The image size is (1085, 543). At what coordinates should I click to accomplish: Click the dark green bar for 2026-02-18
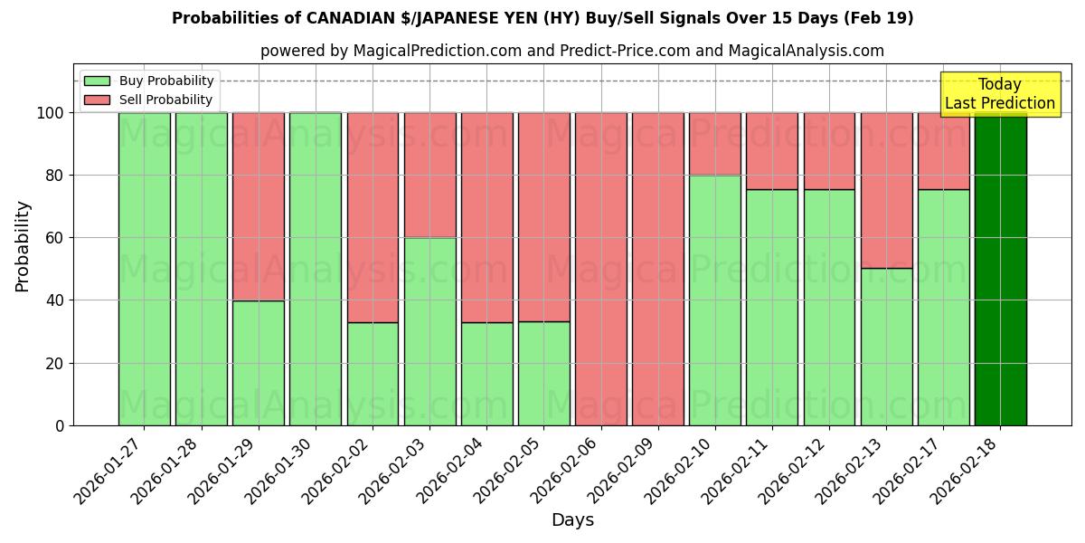click(x=1000, y=269)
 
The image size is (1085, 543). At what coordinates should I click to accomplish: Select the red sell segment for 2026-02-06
click(x=600, y=269)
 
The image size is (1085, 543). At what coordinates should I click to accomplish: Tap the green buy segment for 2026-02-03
click(x=429, y=331)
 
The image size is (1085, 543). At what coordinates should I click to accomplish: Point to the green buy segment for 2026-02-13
click(x=886, y=347)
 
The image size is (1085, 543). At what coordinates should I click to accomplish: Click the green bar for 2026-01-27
click(x=144, y=269)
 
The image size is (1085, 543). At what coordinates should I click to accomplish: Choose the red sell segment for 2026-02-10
click(x=714, y=144)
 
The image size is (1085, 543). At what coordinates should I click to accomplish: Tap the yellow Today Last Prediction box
click(x=999, y=94)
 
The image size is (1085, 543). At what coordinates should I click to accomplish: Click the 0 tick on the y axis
click(x=60, y=425)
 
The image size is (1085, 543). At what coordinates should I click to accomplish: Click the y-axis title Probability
click(x=23, y=246)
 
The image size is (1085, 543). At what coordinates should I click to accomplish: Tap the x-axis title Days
click(x=572, y=520)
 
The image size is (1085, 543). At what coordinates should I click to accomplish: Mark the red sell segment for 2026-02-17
click(x=943, y=151)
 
